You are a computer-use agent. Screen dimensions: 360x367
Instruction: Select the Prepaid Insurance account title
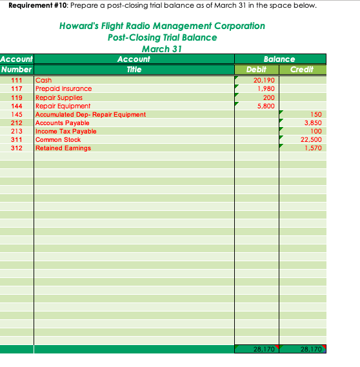[x=63, y=89]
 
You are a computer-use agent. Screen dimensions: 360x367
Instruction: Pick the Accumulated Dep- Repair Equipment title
[x=90, y=114]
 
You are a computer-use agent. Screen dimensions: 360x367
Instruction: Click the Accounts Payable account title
[x=62, y=123]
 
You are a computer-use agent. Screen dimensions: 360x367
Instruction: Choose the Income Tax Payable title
[x=66, y=131]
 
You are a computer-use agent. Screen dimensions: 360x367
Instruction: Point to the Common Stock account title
[x=58, y=139]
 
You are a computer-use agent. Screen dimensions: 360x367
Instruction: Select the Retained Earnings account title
[x=63, y=148]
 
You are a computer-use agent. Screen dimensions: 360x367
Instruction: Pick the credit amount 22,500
[x=312, y=139]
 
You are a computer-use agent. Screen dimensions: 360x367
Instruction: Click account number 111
[x=17, y=81]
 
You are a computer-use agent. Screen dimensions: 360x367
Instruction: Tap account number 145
[x=17, y=114]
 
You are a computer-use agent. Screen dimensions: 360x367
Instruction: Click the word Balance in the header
[x=279, y=59]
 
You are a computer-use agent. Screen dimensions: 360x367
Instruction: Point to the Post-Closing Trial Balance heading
[x=162, y=37]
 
